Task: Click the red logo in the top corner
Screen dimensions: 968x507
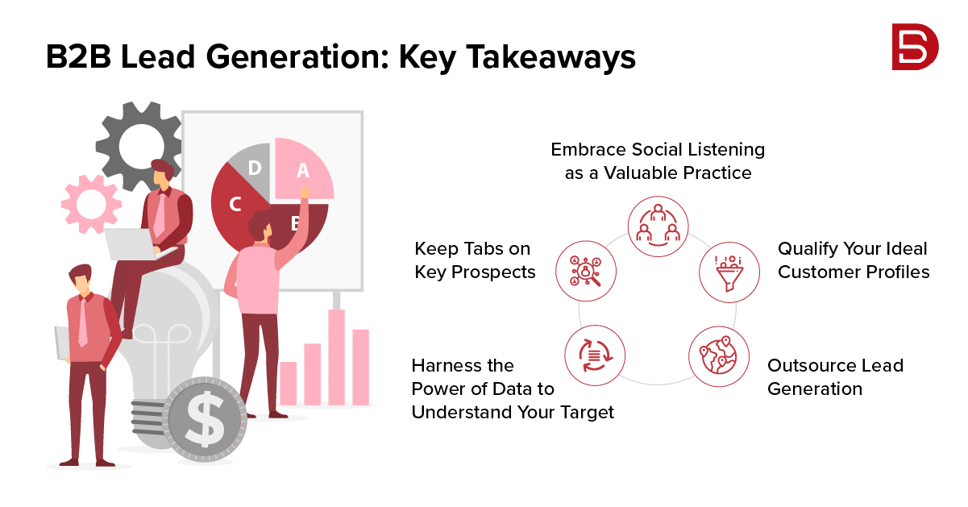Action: tap(915, 47)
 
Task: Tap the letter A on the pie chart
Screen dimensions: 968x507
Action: tap(303, 170)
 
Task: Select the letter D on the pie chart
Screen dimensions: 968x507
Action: tap(255, 168)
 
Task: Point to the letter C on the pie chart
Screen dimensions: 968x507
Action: tap(235, 204)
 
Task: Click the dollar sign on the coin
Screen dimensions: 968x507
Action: tap(206, 419)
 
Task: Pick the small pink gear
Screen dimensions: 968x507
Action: tap(91, 204)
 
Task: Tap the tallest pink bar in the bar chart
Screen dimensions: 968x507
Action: tap(336, 357)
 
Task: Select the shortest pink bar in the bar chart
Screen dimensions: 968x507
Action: tap(289, 384)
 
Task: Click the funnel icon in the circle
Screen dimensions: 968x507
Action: tap(729, 272)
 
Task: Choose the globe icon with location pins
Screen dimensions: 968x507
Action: tap(719, 355)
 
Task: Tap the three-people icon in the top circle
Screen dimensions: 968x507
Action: tap(658, 226)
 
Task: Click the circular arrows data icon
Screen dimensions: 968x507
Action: tap(595, 355)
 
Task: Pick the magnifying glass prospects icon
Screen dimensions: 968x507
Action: tap(585, 271)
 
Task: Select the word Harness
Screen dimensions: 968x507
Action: tap(447, 366)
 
